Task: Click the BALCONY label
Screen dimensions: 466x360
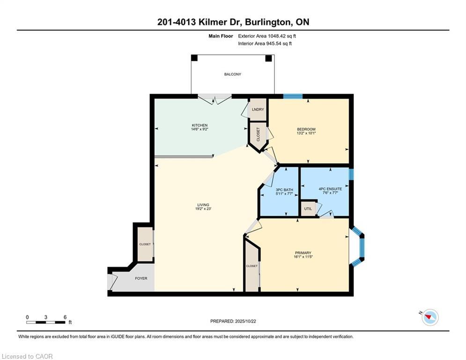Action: [x=232, y=74]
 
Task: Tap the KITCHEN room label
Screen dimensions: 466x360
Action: [x=200, y=125]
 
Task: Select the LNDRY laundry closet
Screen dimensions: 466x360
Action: [x=258, y=110]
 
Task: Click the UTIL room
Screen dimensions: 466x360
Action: [x=308, y=209]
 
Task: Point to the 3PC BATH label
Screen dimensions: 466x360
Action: [x=284, y=189]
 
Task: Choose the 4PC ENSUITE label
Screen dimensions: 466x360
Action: [x=330, y=188]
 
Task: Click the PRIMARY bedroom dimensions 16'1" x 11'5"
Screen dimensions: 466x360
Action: [x=303, y=257]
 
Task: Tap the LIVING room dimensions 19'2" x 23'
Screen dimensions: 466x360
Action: [x=203, y=209]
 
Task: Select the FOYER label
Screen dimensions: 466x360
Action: [x=141, y=278]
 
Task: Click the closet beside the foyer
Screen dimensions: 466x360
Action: [x=145, y=244]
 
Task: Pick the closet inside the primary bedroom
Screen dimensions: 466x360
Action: [x=251, y=266]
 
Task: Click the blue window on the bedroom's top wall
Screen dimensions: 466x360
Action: [x=293, y=96]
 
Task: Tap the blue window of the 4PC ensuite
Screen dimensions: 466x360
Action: [x=351, y=174]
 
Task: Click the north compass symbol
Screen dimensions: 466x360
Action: [x=430, y=317]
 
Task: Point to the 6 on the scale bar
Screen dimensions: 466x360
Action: [x=65, y=317]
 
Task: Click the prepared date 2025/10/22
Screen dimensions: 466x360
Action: [x=245, y=321]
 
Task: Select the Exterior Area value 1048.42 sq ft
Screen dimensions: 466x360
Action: [x=282, y=36]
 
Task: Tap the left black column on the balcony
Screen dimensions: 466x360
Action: [x=194, y=58]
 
